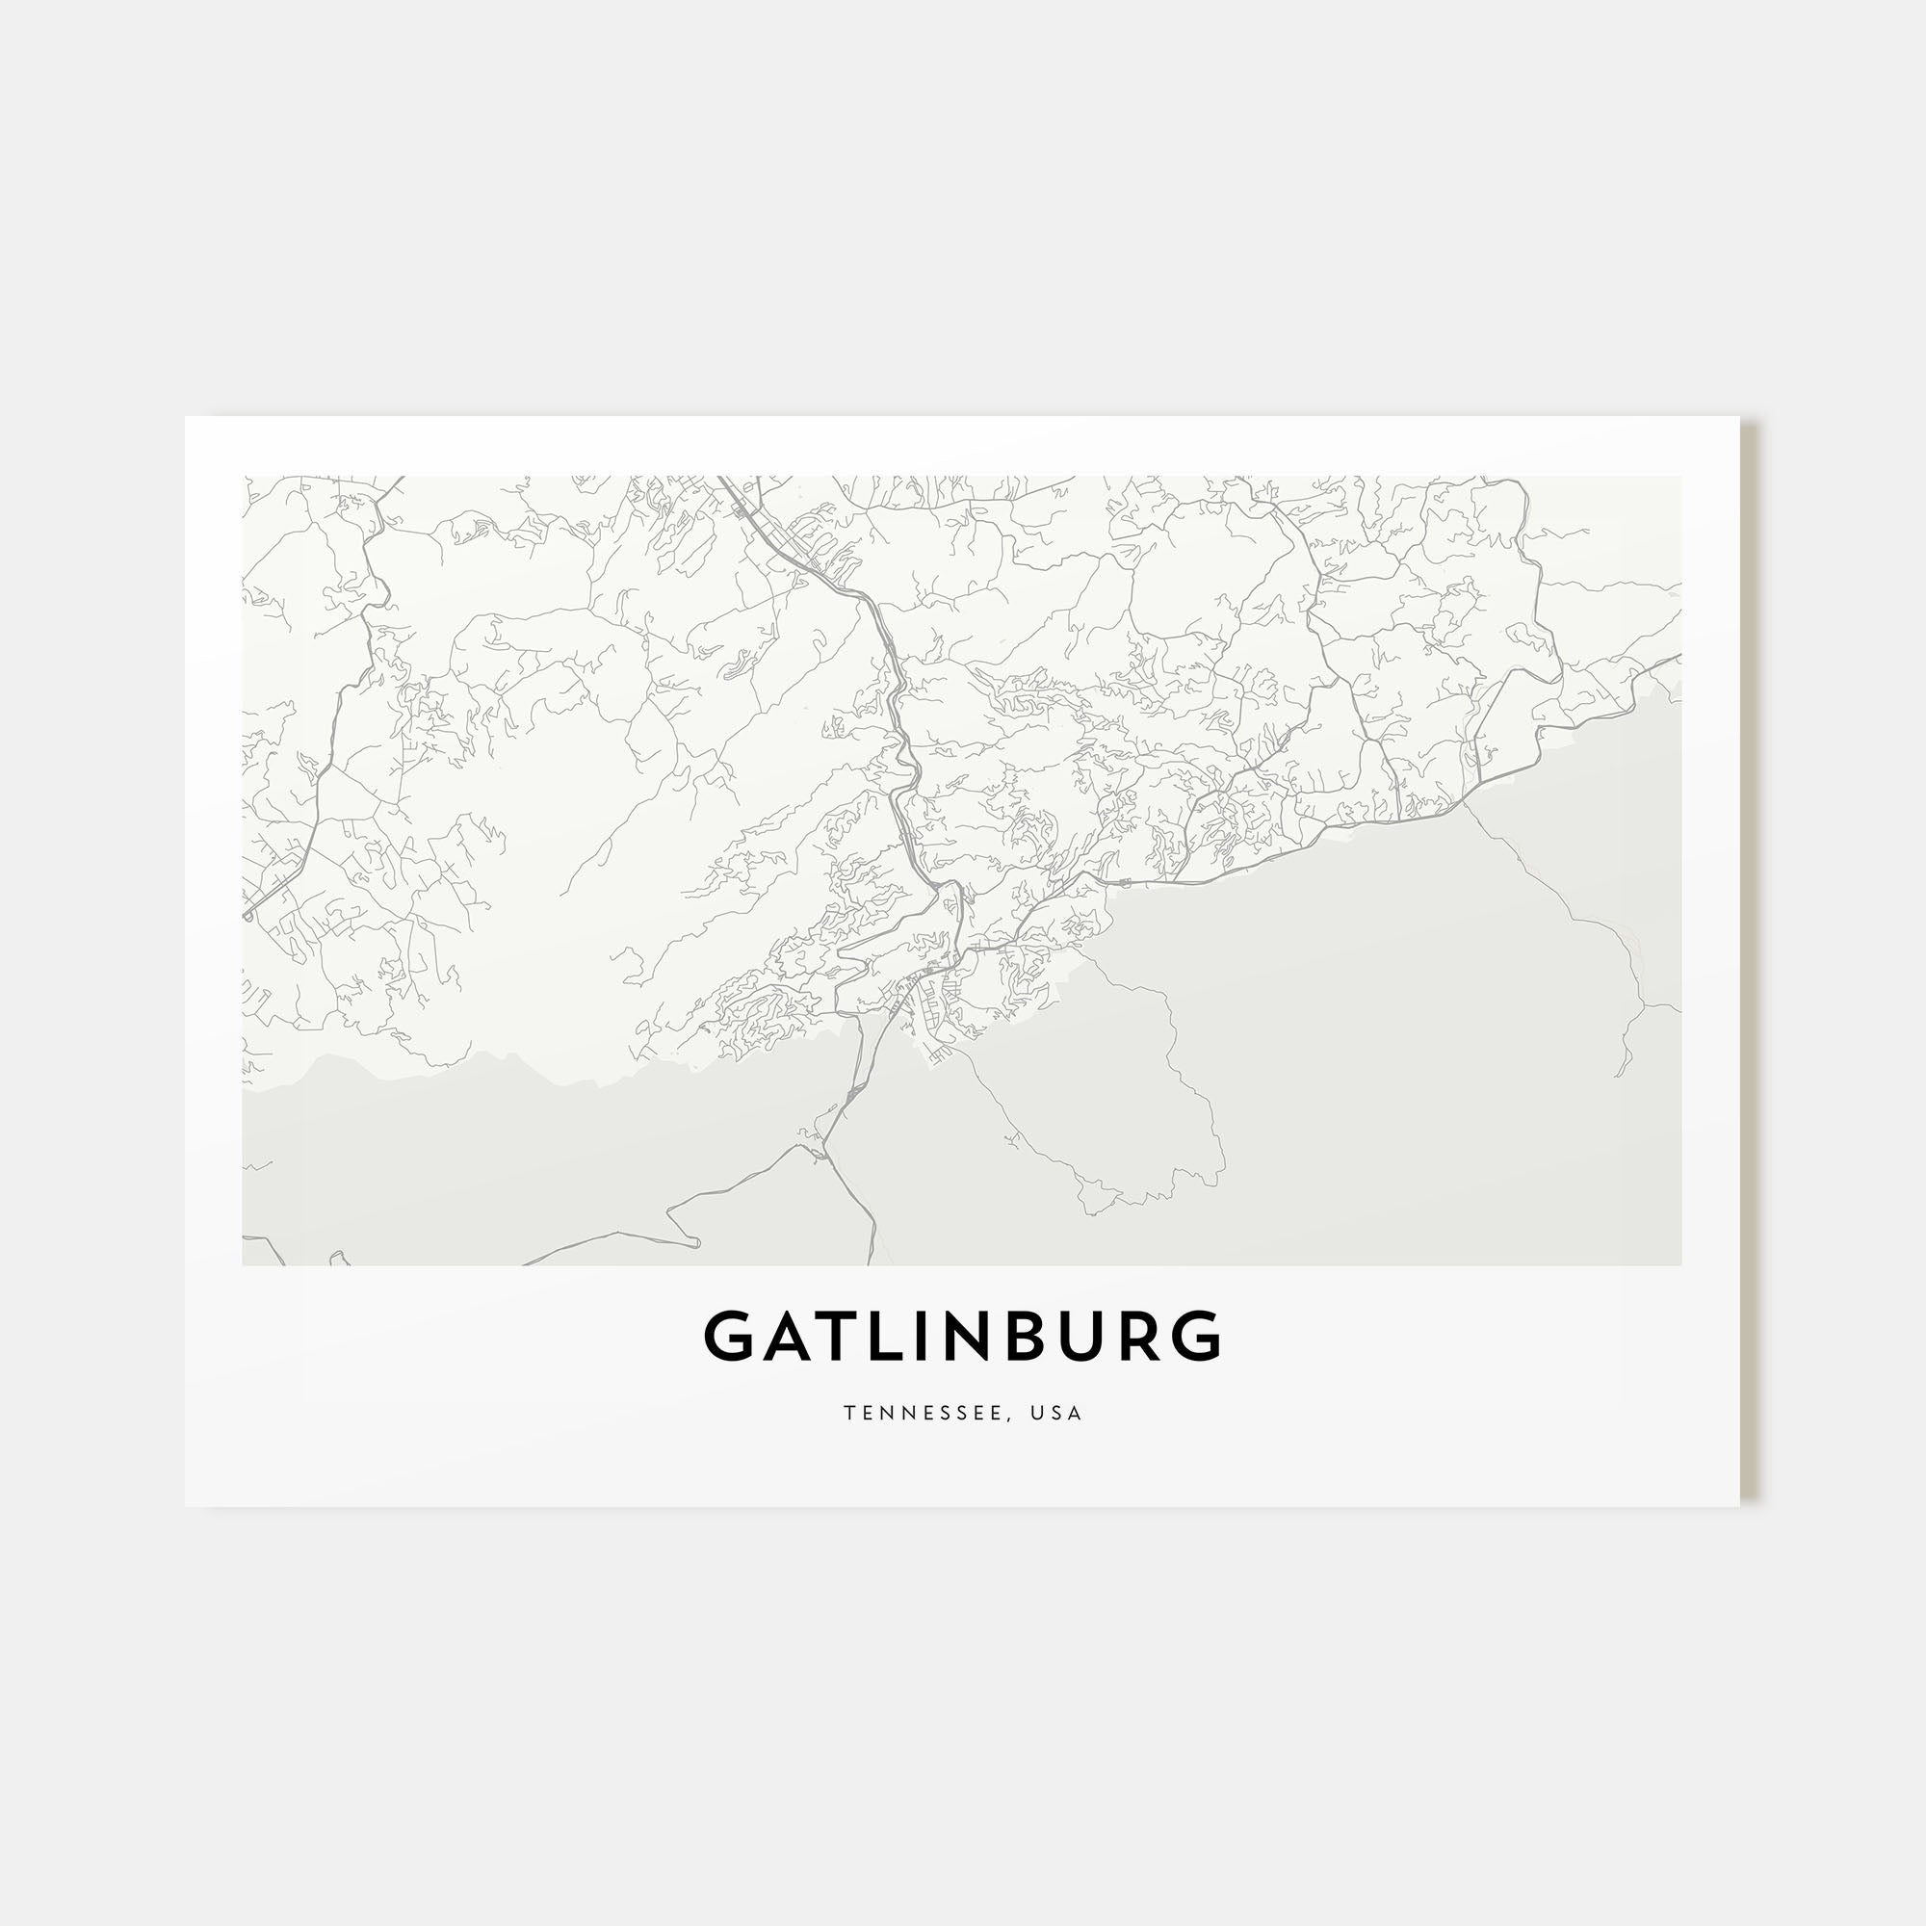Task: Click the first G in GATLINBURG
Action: tap(731, 1337)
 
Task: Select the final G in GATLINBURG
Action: tap(1196, 1337)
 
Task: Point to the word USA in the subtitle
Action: tap(1059, 1414)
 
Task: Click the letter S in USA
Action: tap(1059, 1414)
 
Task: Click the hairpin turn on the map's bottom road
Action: tap(695, 1242)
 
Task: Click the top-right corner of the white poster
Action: tap(1739, 417)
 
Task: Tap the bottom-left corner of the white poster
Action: tap(186, 1506)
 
